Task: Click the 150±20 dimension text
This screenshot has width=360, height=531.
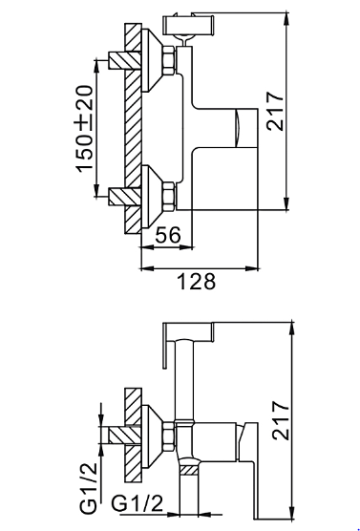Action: (83, 129)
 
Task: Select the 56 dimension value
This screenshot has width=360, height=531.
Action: (168, 235)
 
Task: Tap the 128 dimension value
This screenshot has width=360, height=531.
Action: (197, 281)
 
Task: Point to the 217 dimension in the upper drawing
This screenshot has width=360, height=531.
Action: (275, 111)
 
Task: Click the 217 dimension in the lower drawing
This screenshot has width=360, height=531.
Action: (282, 420)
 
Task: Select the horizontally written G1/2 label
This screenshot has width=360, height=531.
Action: (138, 503)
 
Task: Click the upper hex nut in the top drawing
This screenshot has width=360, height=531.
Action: (169, 60)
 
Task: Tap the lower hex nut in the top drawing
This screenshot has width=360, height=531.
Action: (169, 197)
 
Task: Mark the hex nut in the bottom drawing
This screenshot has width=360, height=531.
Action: (169, 435)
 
